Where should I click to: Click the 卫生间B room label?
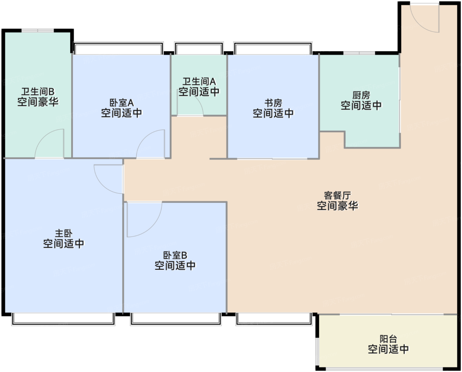38,92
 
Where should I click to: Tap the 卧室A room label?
121,103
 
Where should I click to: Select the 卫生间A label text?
199,81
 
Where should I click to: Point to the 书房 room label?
273,103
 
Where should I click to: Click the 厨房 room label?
361,96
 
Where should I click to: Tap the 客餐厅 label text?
337,195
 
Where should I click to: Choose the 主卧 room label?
63,234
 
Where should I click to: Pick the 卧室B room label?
175,255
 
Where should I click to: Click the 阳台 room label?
388,339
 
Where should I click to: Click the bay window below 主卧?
63,319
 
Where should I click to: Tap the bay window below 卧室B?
175,319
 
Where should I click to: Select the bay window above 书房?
273,48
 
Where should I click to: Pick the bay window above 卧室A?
118,48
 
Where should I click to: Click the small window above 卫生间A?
199,48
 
